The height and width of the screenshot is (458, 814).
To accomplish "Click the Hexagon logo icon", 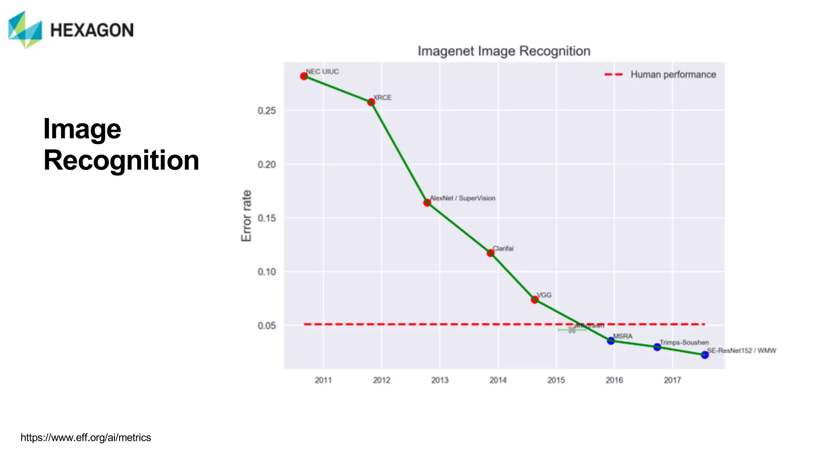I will click(25, 30).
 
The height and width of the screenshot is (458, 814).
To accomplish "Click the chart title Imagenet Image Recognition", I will click(504, 51).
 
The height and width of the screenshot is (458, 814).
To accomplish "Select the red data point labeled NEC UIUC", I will click(304, 76).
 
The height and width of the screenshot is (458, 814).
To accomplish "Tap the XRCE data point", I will click(371, 102).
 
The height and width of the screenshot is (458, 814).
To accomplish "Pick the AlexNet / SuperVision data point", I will click(427, 203).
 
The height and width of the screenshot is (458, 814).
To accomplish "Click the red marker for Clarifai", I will click(490, 253).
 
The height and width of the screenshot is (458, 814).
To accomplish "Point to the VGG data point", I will click(535, 299).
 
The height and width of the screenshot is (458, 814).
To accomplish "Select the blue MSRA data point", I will click(611, 341).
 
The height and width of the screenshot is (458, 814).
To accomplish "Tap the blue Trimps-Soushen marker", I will click(657, 347).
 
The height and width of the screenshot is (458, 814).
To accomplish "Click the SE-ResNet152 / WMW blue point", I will click(705, 355).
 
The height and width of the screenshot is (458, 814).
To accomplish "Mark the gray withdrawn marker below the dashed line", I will click(572, 330).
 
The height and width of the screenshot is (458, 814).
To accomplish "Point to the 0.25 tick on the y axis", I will click(267, 111).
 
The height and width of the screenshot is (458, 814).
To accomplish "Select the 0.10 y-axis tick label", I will click(267, 272).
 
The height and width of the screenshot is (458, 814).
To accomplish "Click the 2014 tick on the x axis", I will click(498, 380).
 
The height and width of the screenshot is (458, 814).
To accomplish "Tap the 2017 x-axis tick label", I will click(673, 380).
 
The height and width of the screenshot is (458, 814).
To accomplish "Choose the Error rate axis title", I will click(246, 215).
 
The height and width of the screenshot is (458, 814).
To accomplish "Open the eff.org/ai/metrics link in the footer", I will click(86, 438).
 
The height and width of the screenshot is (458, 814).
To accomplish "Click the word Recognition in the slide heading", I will click(121, 160).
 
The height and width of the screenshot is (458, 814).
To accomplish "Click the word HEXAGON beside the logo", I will click(92, 31).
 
